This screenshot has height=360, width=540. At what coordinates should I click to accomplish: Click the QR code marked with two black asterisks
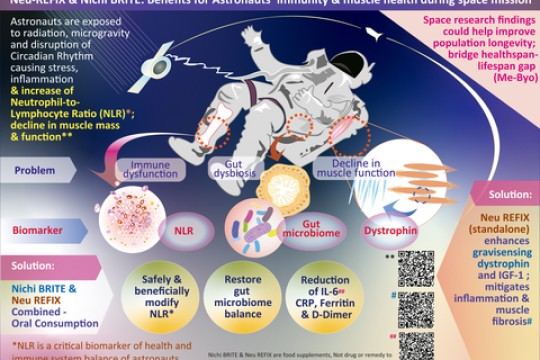point(416,269)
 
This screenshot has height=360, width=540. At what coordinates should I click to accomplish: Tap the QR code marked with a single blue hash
point(416,311)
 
